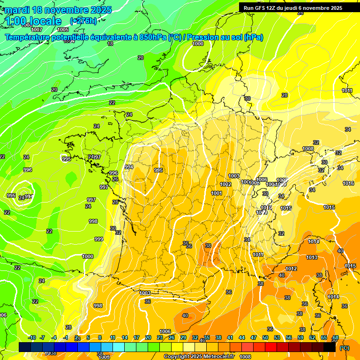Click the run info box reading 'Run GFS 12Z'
293,7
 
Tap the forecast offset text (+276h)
83,21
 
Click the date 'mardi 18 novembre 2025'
58,10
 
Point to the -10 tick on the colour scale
31,338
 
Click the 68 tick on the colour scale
335,338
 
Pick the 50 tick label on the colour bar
265,338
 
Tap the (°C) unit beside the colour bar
344,348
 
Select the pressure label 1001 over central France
217,193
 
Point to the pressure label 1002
225,184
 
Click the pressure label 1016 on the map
348,183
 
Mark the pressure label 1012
291,269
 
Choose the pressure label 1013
312,257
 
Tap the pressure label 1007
37,30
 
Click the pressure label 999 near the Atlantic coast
98,239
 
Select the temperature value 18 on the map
110,44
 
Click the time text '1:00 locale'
34,21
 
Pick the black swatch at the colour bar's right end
329,347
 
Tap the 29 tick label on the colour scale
183,338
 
